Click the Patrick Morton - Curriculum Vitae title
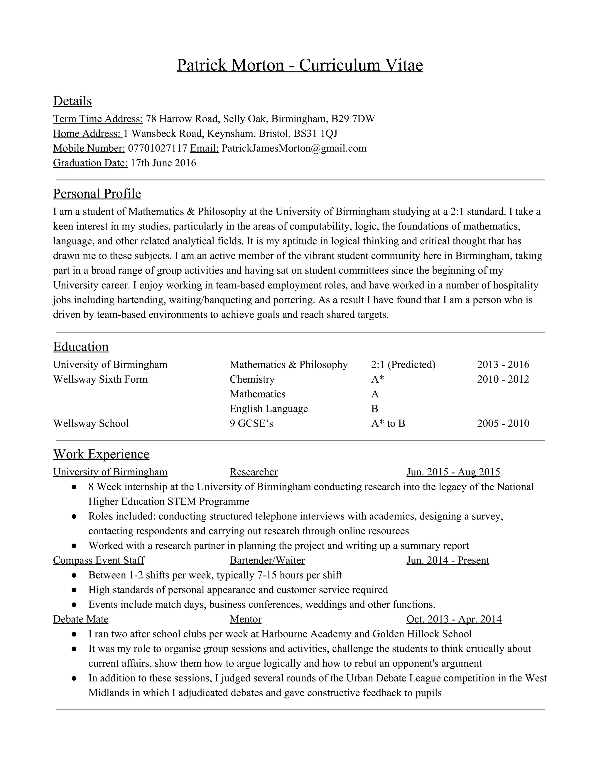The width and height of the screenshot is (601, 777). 300,65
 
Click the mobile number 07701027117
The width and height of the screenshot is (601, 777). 157,148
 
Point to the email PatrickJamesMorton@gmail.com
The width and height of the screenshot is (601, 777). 294,148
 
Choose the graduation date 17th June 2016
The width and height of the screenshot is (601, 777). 163,163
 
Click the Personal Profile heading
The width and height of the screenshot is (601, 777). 97,194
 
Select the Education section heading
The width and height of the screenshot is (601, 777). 81,347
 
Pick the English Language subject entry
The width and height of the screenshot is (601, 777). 269,409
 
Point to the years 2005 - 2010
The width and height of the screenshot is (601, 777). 503,423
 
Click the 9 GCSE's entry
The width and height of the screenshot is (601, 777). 251,423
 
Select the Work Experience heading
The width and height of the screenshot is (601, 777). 101,454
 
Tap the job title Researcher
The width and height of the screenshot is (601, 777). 254,472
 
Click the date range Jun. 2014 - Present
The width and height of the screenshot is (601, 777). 448,560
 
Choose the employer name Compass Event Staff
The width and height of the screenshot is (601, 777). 99,560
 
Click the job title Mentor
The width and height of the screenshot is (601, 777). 245,619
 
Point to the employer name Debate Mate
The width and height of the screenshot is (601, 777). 80,619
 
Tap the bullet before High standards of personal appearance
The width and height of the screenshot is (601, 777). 74,590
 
